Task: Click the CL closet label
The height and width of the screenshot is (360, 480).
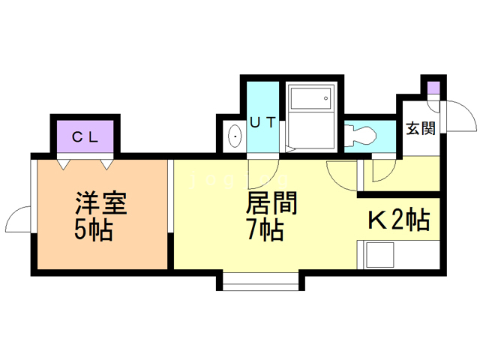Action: (x=85, y=136)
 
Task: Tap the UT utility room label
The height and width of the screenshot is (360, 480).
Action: (x=263, y=123)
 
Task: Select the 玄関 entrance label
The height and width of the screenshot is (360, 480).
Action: (x=421, y=128)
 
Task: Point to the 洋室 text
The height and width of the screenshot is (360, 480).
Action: (x=101, y=203)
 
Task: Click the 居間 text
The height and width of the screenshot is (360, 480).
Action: (x=271, y=203)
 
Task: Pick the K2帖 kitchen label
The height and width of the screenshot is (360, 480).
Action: (x=398, y=220)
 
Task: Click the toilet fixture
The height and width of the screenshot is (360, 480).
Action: (x=360, y=136)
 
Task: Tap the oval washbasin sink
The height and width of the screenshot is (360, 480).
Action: (x=235, y=136)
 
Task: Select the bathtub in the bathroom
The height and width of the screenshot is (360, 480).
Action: (x=310, y=98)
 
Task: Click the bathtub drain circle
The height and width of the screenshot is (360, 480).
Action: (x=325, y=98)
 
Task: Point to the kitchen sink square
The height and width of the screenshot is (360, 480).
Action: (x=379, y=255)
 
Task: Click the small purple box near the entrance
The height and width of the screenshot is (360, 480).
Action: (x=433, y=88)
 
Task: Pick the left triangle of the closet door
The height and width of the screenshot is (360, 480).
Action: (x=63, y=165)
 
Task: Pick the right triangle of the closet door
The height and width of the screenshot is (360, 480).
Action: (x=106, y=165)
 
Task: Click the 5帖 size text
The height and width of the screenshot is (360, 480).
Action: (x=94, y=229)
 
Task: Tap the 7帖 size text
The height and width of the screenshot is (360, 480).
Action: (x=265, y=229)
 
